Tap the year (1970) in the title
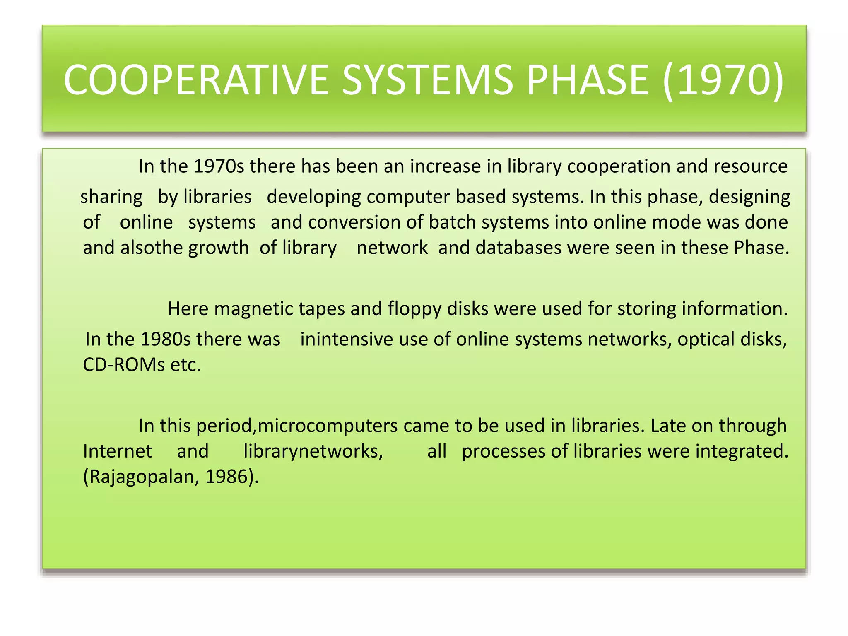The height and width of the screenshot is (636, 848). coord(723,79)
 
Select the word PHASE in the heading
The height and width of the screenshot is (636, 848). coord(587,79)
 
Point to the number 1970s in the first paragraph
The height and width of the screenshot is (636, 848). coord(219,166)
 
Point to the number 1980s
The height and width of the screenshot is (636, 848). coord(165,339)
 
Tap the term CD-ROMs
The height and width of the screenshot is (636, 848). coord(124,365)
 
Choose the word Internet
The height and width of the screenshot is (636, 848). coord(118,451)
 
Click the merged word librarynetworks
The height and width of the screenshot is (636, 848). coord(313,451)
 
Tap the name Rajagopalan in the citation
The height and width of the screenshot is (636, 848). coord(141,477)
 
